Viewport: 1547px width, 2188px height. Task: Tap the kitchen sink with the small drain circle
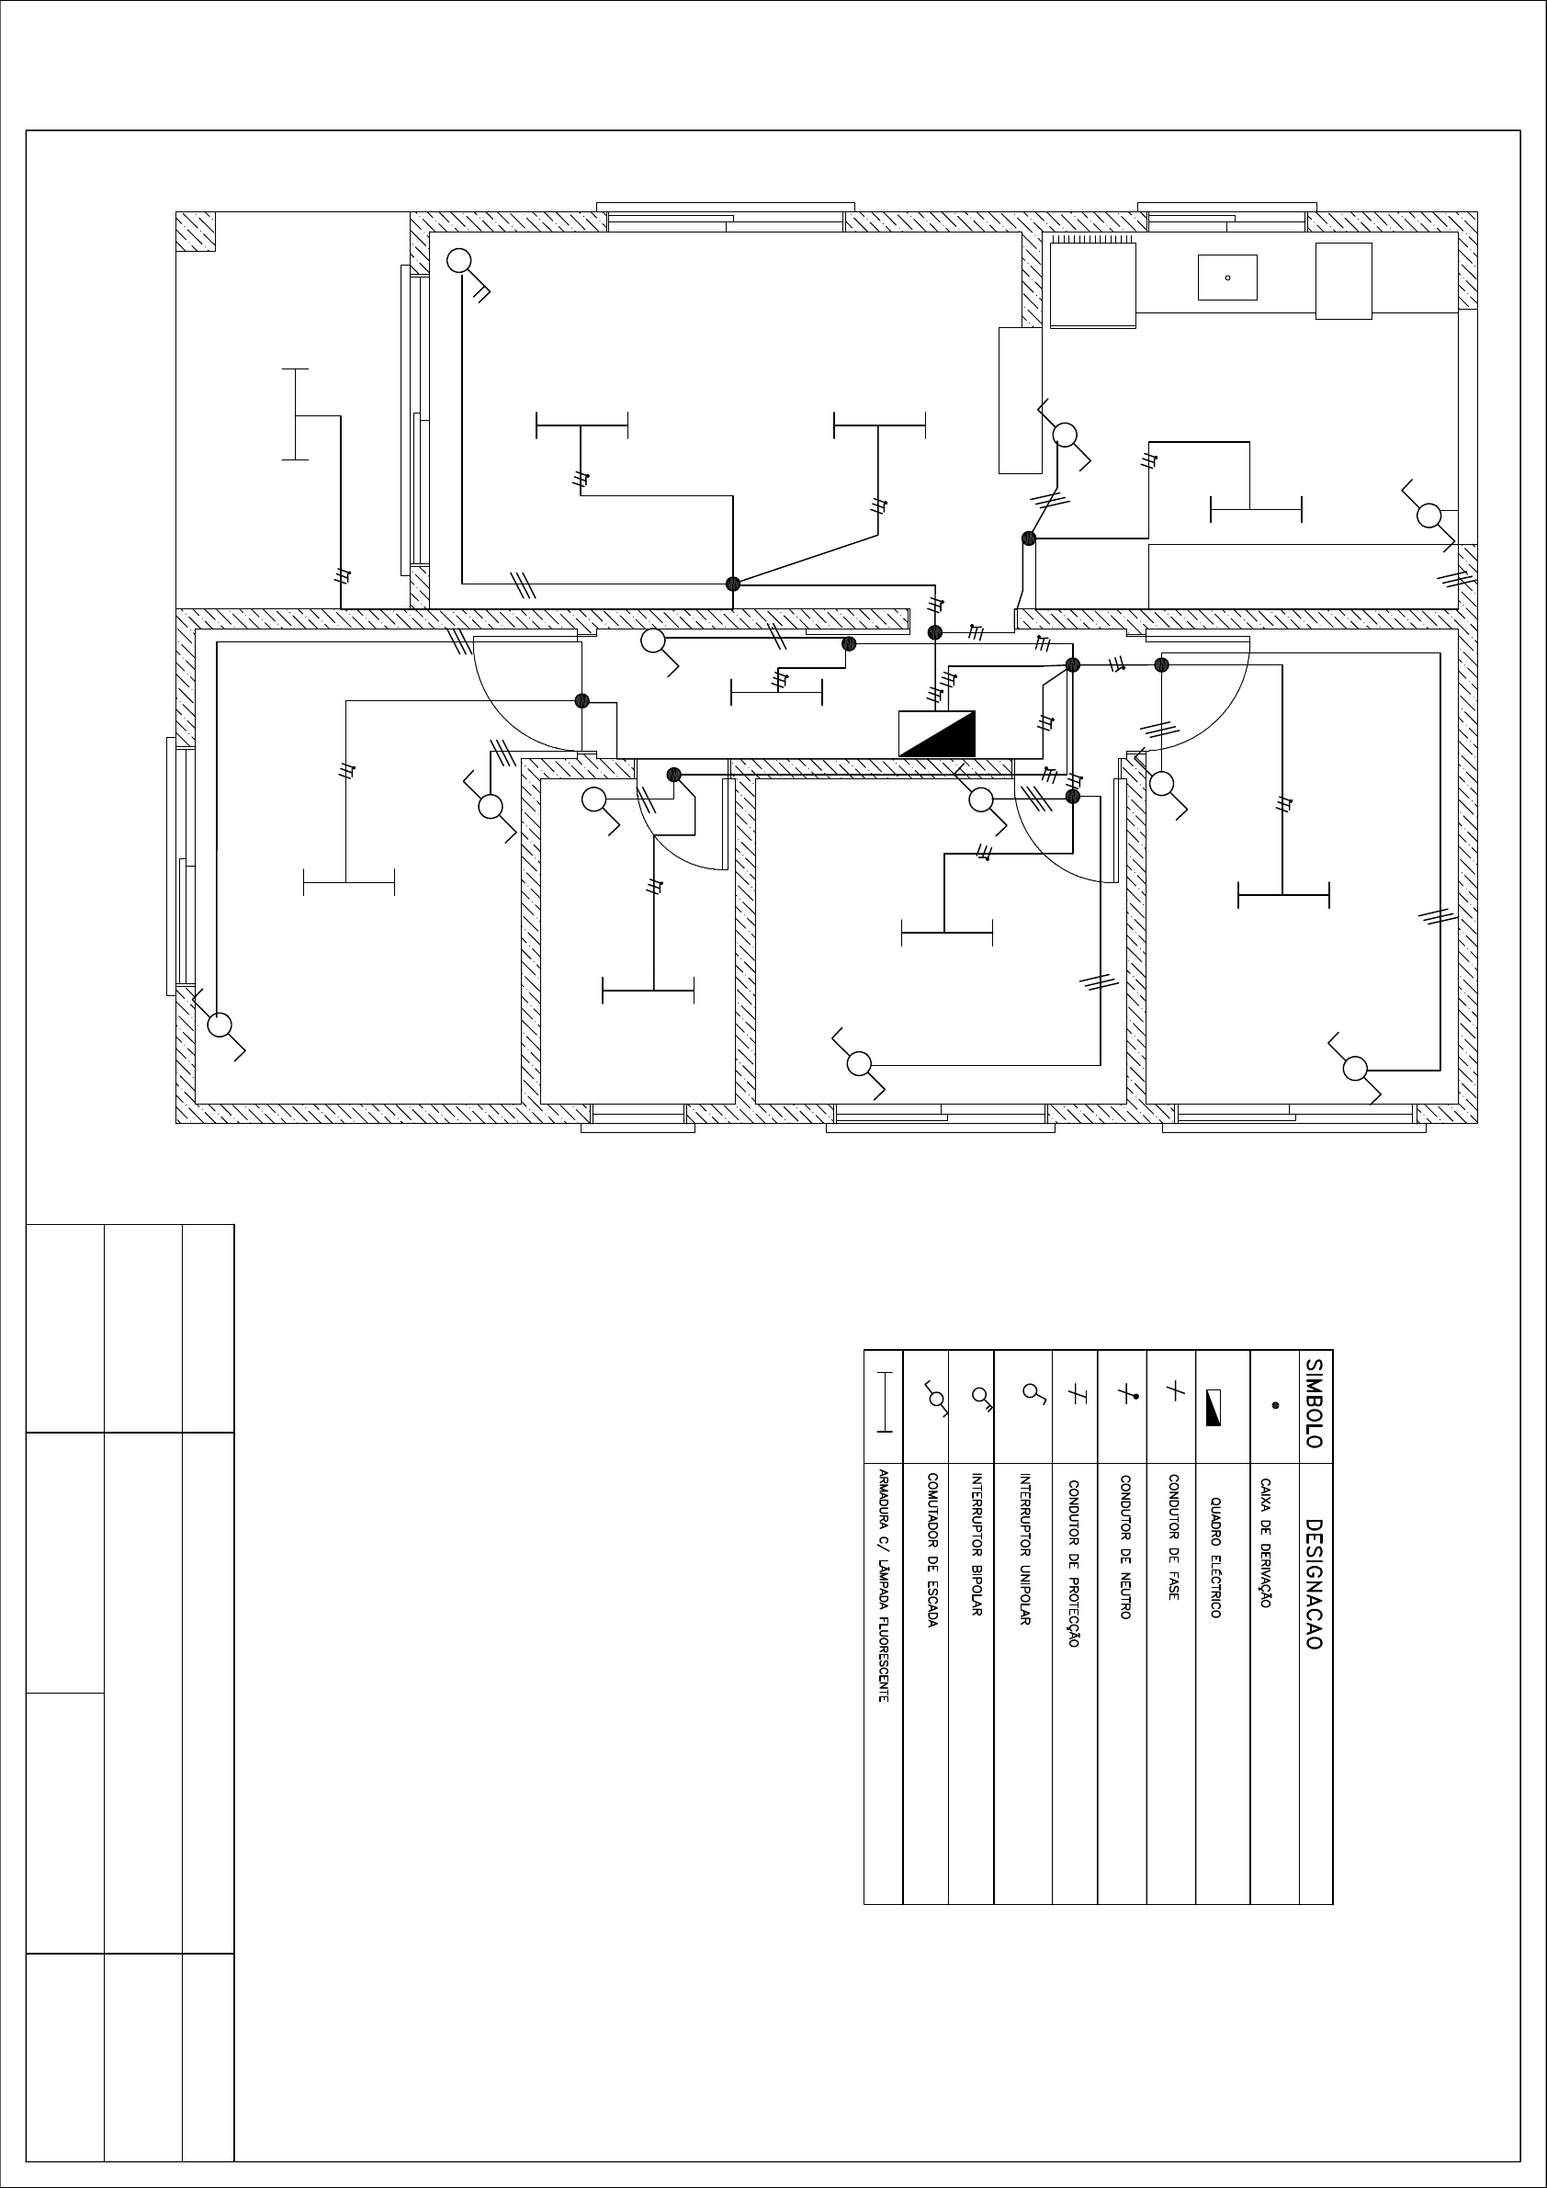(1227, 278)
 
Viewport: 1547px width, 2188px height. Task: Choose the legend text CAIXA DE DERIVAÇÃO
(1266, 1544)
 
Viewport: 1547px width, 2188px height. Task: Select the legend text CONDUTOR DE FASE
(1174, 1537)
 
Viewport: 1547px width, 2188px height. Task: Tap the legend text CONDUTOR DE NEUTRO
(1125, 1547)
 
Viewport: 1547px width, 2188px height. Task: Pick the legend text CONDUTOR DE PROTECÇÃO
(1074, 1564)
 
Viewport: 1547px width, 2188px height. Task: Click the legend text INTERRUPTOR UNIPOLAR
(1025, 1549)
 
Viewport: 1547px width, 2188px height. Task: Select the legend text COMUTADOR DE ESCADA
(932, 1550)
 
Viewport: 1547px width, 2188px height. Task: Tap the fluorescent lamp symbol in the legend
(885, 1401)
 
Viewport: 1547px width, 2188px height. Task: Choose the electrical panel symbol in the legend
(1214, 1408)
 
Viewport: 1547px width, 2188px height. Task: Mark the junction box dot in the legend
(1275, 1406)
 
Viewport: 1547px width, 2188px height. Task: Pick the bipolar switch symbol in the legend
(982, 1397)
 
